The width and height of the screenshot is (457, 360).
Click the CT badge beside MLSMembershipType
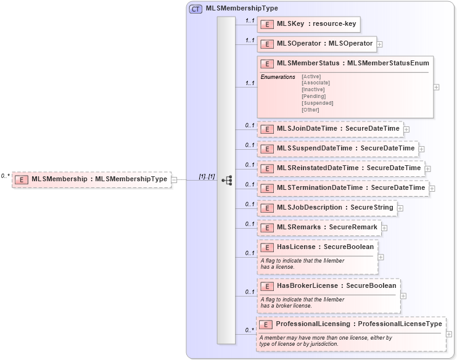tap(196, 9)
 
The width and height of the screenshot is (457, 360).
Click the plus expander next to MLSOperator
tap(380, 44)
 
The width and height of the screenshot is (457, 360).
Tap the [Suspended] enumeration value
tap(317, 103)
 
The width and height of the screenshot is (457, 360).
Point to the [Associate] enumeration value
tap(315, 83)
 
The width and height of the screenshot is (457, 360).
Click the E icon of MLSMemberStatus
tap(267, 63)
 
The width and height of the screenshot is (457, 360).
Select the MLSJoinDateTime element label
tap(338, 129)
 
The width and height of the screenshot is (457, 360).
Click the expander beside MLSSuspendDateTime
tap(422, 149)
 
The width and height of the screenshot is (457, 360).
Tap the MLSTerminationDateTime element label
tap(350, 188)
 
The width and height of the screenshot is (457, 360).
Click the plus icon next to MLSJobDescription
tap(400, 208)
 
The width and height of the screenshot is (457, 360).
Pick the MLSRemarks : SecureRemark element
tap(318, 227)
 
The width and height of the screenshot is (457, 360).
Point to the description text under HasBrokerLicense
tap(302, 302)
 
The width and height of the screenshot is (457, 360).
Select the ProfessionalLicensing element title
tap(358, 324)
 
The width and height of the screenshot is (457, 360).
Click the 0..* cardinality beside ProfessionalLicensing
tap(250, 330)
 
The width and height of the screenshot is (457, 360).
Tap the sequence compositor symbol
tap(226, 180)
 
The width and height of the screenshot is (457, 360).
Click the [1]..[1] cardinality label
tap(207, 176)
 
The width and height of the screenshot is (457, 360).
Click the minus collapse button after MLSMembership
tap(174, 180)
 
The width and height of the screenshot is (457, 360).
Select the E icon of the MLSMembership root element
tap(22, 179)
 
